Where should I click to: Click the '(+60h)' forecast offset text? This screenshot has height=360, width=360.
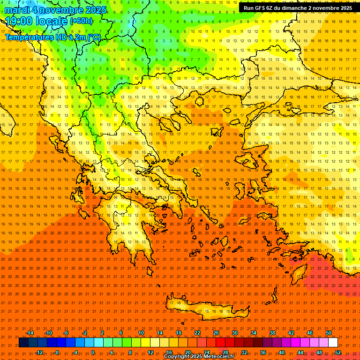point(81,21)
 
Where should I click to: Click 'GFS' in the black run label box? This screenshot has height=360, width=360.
point(261,8)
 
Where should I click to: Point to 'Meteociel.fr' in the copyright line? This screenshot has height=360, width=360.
point(213,357)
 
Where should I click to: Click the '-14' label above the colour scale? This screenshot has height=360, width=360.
point(30,333)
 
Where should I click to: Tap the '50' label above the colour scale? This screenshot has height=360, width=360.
point(328,333)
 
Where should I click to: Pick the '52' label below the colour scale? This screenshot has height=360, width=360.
point(338,352)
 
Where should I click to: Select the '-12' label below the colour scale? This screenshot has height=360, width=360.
point(39,352)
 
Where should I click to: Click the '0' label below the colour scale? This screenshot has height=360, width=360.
point(93,352)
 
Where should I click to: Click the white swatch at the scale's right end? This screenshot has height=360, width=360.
point(333,343)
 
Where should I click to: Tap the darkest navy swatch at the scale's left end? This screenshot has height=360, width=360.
point(23,343)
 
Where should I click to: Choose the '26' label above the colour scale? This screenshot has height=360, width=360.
point(216,333)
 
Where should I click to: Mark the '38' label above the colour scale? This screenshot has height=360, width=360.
point(272,333)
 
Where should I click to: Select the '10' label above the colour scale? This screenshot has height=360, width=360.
point(141,333)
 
